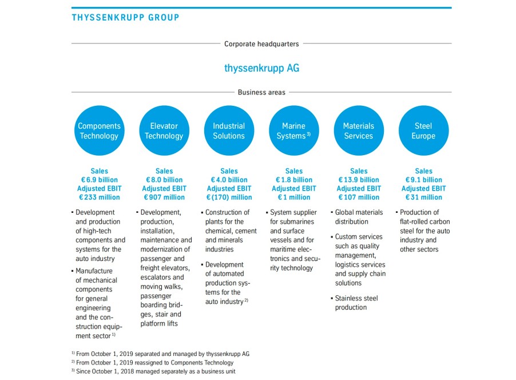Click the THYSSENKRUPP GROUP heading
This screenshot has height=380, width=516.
pyautogui.click(x=125, y=17)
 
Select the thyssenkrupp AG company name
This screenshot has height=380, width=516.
pyautogui.click(x=261, y=68)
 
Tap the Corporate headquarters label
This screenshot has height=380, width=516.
pyautogui.click(x=261, y=44)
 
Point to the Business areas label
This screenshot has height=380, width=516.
pyautogui.click(x=261, y=92)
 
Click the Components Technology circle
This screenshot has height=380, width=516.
pyautogui.click(x=99, y=130)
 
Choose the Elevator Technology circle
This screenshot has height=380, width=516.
pyautogui.click(x=164, y=130)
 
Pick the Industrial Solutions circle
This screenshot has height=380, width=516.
pyautogui.click(x=229, y=130)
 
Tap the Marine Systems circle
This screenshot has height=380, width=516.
pyautogui.click(x=293, y=130)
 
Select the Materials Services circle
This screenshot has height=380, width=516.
pyautogui.click(x=359, y=130)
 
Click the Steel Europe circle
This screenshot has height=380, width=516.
pyautogui.click(x=423, y=130)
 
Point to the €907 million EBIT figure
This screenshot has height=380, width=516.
pyautogui.click(x=164, y=197)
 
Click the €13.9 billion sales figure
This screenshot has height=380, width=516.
pyautogui.click(x=359, y=180)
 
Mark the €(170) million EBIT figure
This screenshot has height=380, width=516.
pyautogui.click(x=229, y=197)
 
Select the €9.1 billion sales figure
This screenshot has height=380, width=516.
pyautogui.click(x=423, y=180)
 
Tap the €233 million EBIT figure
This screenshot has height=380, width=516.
pyautogui.click(x=100, y=197)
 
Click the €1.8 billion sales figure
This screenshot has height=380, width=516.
pyautogui.click(x=294, y=180)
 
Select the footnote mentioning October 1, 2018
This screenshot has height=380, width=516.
pyautogui.click(x=153, y=371)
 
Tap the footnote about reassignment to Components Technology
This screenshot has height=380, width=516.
pyautogui.click(x=152, y=363)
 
